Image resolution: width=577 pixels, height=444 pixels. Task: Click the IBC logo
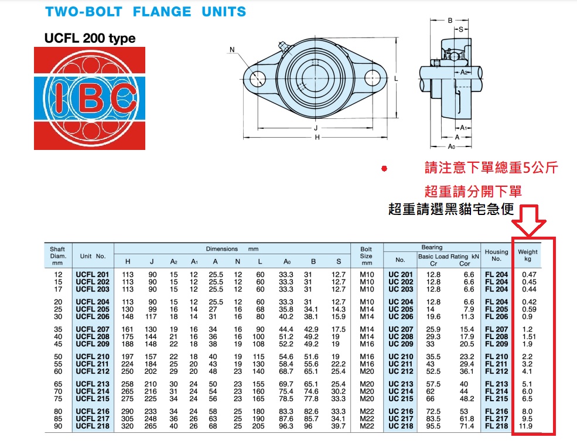pos(89,98)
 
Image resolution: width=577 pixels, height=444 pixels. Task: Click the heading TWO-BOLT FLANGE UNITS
pos(145,11)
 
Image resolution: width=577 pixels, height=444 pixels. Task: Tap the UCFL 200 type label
pos(90,39)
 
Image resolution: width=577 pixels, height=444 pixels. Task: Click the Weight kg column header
pos(528,255)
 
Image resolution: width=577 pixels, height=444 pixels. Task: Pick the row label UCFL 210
pos(93,357)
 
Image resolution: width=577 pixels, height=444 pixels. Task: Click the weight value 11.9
pos(528,426)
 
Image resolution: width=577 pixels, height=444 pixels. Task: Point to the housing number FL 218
pos(496,426)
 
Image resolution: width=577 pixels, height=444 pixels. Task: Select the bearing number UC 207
pos(401,330)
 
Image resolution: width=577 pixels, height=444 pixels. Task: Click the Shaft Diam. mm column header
pos(57,256)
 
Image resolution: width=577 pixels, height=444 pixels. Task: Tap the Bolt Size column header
pos(366,256)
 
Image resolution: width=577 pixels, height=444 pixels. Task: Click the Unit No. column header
pos(93,256)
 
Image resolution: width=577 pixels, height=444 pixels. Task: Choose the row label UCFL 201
pos(93,275)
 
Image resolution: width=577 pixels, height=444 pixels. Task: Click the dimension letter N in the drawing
pos(232,50)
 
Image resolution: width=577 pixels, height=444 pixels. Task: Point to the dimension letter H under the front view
pos(317,137)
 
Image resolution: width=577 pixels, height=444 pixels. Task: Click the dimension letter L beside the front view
pos(397,78)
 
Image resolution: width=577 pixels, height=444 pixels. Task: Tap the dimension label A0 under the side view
pos(452,146)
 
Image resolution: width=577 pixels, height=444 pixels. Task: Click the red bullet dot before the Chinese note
pos(384,169)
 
